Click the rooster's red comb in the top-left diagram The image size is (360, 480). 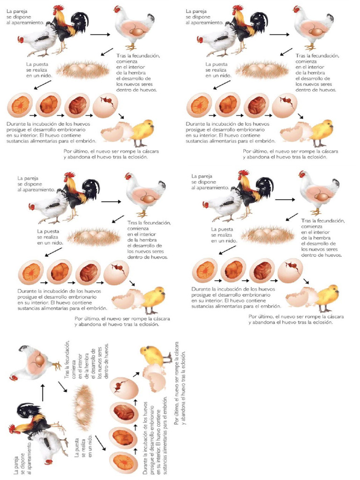(x=59, y=8)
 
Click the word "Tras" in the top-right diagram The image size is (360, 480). (x=301, y=56)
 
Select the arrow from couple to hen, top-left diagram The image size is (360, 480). (x=99, y=34)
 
